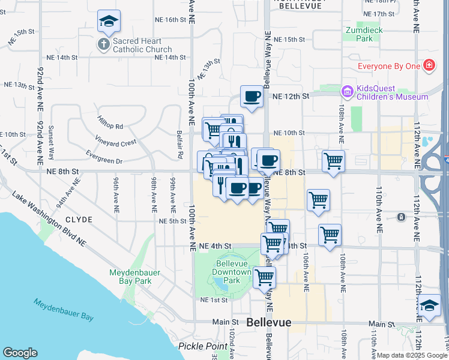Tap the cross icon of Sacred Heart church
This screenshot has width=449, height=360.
click(x=103, y=44)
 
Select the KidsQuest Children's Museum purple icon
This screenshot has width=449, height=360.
click(x=346, y=91)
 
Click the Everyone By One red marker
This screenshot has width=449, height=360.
click(x=429, y=66)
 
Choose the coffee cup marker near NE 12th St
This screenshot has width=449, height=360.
click(x=252, y=97)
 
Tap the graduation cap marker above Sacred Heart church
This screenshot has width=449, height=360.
click(x=109, y=21)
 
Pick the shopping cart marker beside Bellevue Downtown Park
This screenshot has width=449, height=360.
click(x=264, y=278)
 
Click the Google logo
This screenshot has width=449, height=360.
click(x=20, y=353)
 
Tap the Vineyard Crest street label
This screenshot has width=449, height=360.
click(x=116, y=142)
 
